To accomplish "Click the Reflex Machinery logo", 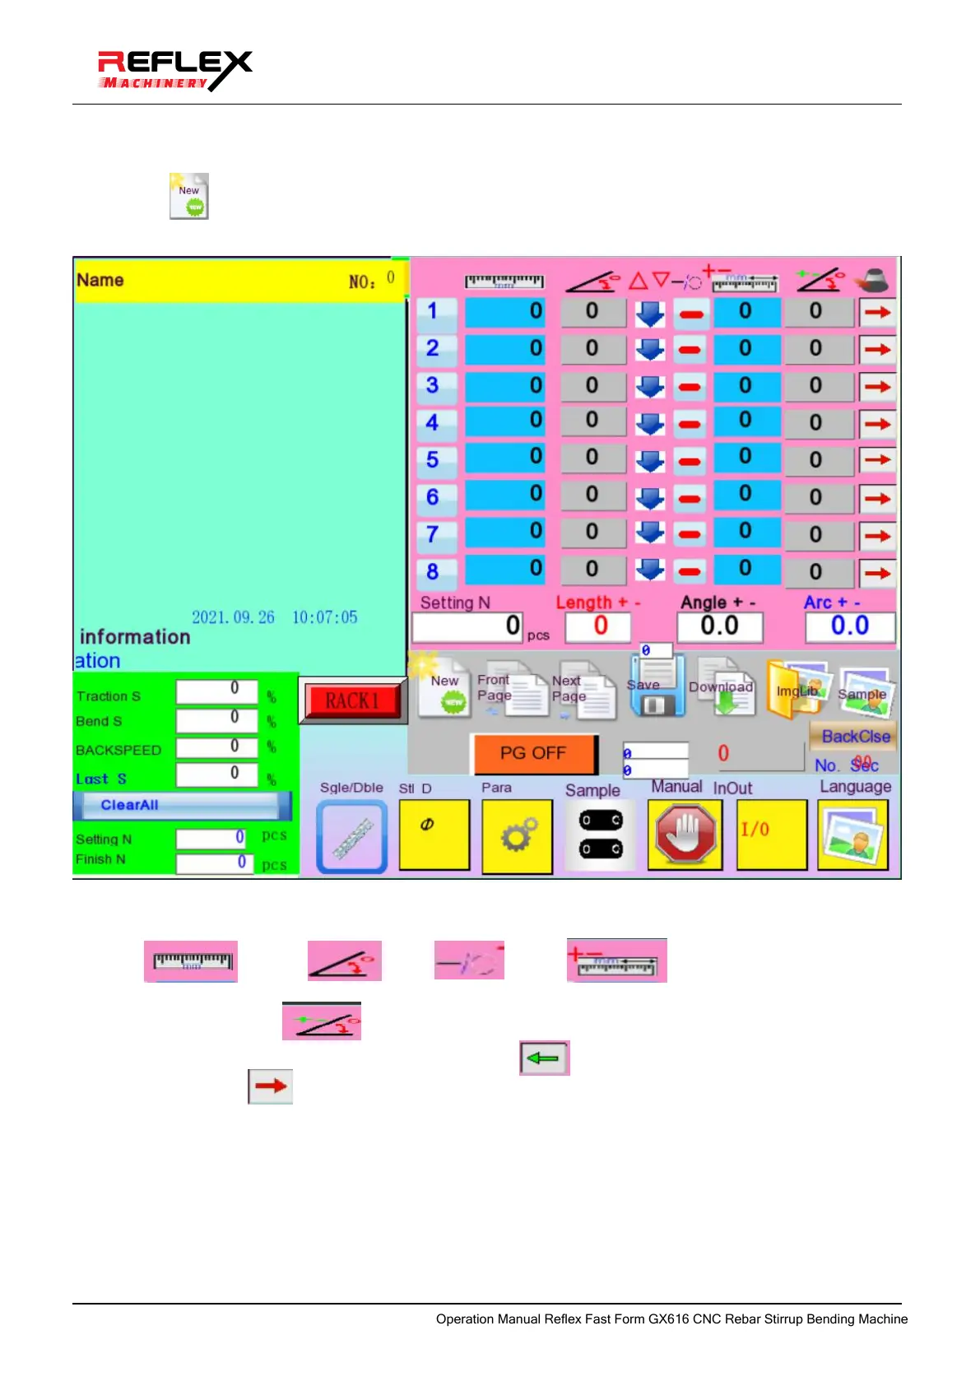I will point(174,70).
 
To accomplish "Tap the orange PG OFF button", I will point(533,753).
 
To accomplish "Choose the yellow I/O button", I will point(771,835).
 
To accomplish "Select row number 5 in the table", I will point(433,459).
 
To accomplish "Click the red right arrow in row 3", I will point(877,386).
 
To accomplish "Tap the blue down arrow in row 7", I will point(650,533).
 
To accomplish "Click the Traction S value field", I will point(217,691).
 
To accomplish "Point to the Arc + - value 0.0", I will point(849,627).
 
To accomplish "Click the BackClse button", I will point(855,737).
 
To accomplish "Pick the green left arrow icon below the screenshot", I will point(544,1058).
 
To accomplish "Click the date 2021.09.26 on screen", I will point(233,617).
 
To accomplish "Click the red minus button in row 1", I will point(690,313).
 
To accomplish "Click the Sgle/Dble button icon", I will point(352,836).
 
